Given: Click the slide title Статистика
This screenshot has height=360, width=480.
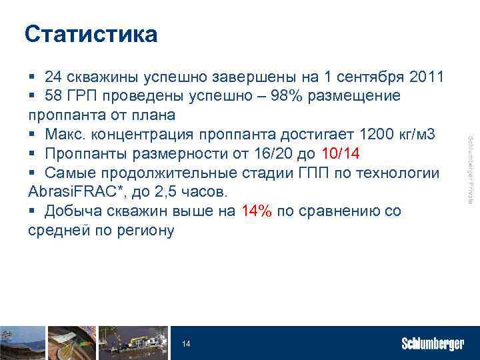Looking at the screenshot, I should [x=91, y=34].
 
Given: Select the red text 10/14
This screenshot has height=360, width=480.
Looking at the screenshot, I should [x=341, y=154].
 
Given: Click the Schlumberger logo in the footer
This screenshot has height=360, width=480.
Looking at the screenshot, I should [x=433, y=344].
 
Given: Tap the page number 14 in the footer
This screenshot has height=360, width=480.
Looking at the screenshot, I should [x=186, y=344].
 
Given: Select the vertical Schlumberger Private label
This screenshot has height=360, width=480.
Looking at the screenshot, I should [x=470, y=170].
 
